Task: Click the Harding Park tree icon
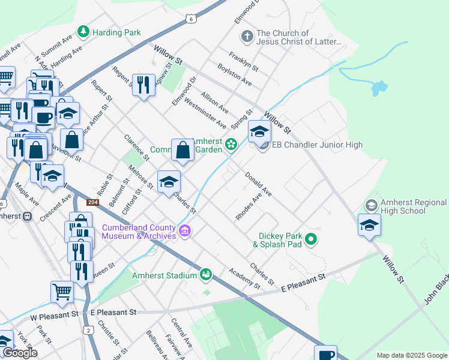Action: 85,31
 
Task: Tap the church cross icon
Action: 246,37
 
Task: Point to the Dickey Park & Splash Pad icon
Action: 310,240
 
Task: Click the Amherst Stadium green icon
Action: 206,274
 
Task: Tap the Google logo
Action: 19,353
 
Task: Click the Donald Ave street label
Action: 258,185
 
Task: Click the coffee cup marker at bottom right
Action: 325,354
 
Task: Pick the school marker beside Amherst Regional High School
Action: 369,225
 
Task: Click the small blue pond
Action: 379,88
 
